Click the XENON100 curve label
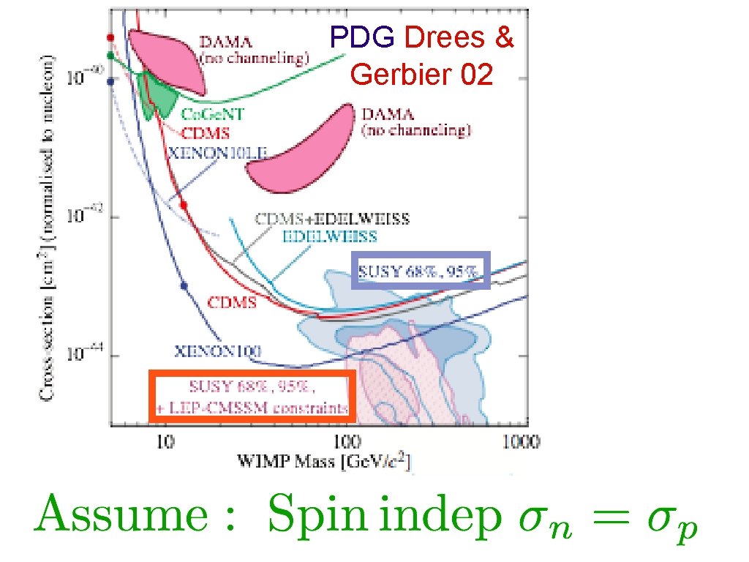coord(218,350)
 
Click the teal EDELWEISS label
coord(329,236)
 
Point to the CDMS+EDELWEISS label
coord(331,219)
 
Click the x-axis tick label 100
coord(347,442)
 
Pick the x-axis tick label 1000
coord(522,442)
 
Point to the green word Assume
coord(121,516)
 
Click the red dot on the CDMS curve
coord(184,205)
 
